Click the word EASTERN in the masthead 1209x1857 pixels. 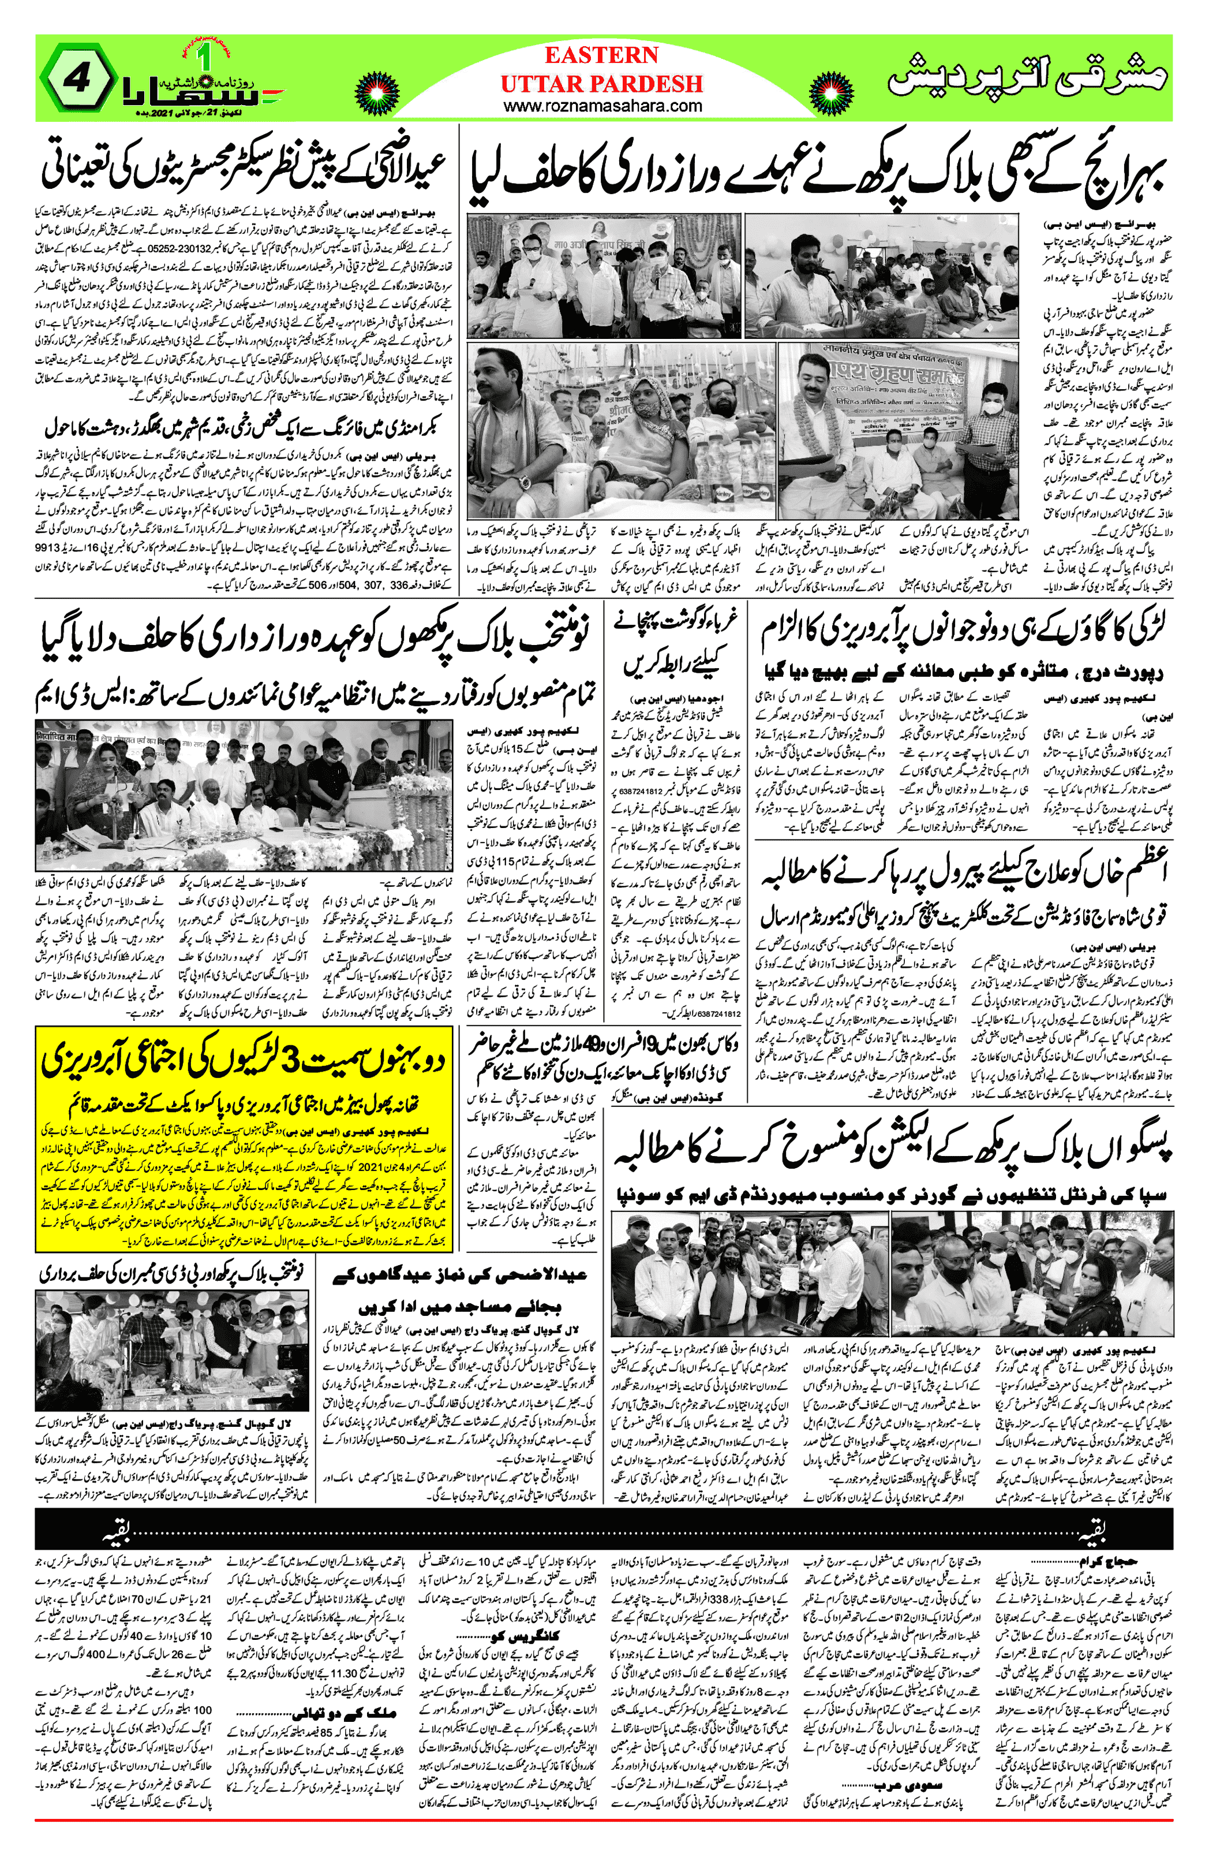tap(601, 55)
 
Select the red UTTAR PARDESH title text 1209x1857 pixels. tap(601, 84)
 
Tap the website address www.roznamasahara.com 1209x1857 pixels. tap(602, 106)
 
